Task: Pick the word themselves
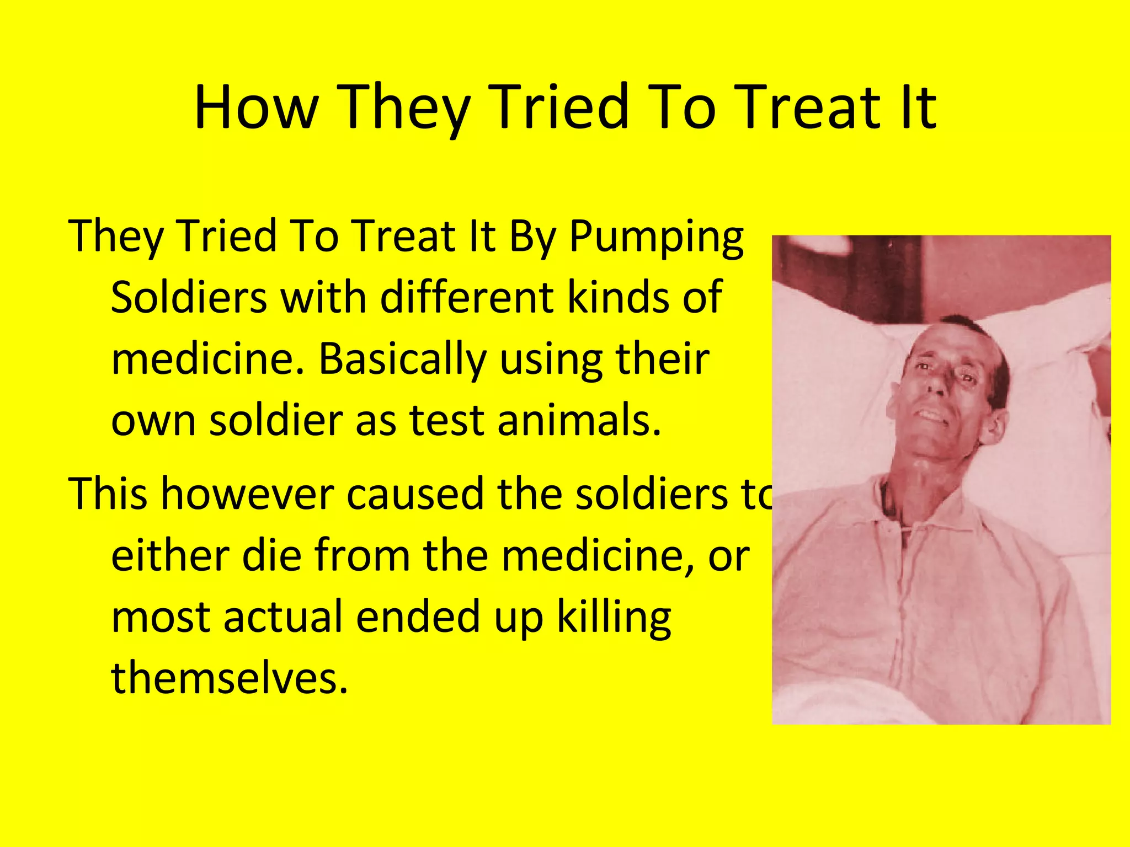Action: [x=230, y=678]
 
